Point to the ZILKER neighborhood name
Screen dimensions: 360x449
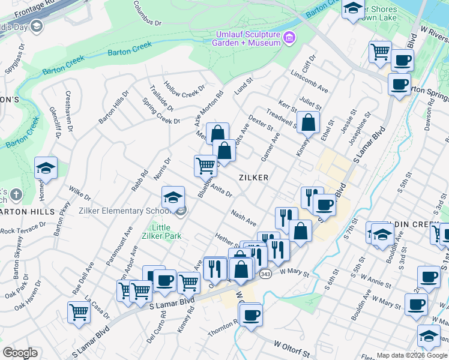coord(253,178)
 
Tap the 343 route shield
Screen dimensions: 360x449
coord(265,274)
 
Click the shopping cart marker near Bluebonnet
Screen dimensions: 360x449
coord(205,164)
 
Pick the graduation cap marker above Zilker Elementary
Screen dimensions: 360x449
coord(172,197)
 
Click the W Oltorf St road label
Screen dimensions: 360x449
coord(294,346)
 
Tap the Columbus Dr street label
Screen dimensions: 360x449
coord(147,13)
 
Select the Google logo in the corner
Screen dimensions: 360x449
coord(20,353)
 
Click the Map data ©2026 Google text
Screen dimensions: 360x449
coord(412,355)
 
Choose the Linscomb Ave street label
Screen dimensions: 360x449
coord(309,83)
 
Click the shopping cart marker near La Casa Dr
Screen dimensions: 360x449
coord(79,312)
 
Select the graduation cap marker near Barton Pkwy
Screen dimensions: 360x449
coord(46,168)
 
